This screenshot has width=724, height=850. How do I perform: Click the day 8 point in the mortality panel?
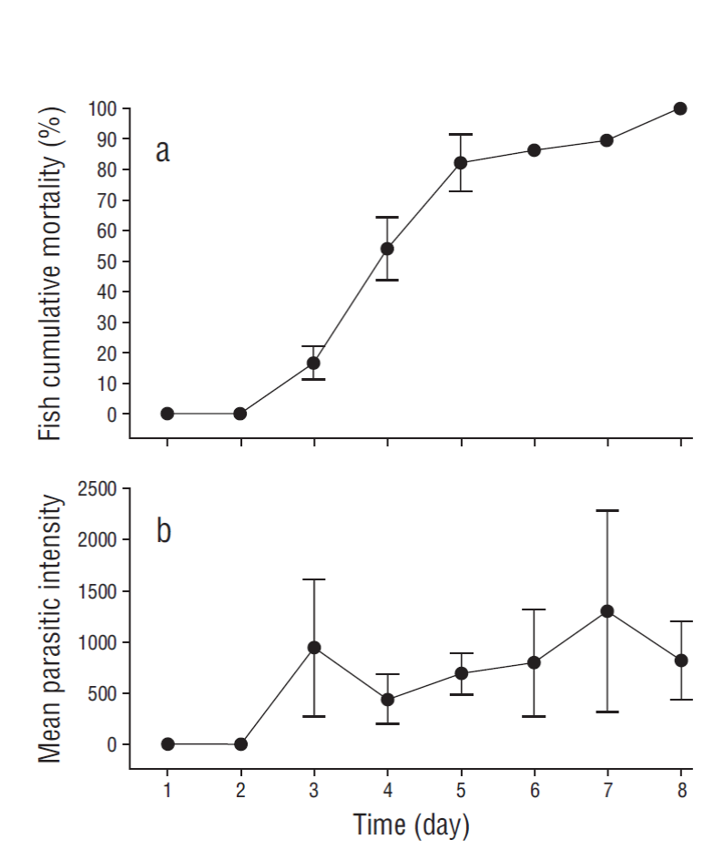[680, 108]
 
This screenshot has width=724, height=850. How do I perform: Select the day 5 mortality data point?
[461, 163]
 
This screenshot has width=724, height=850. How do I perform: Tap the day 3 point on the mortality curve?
[314, 363]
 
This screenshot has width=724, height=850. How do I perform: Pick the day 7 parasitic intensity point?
[607, 610]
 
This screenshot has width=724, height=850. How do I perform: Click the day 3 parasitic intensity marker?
[314, 647]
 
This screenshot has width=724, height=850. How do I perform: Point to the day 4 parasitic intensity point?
[387, 700]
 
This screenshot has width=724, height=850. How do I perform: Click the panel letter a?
[162, 151]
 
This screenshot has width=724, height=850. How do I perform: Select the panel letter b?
[163, 530]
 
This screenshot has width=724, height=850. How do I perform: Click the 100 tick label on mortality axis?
[103, 109]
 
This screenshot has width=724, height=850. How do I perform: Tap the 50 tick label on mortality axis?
[107, 261]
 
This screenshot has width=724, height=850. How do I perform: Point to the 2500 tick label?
[97, 489]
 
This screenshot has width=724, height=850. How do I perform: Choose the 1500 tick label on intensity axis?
[97, 591]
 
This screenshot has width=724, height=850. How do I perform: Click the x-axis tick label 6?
[534, 789]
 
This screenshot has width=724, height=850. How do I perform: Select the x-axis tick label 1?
[168, 789]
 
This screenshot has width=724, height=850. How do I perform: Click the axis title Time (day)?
[412, 825]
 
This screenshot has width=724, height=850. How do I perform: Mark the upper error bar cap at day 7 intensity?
[607, 510]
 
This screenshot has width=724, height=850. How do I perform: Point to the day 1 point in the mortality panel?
[168, 414]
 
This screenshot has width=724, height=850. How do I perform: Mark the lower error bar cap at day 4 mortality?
[387, 280]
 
